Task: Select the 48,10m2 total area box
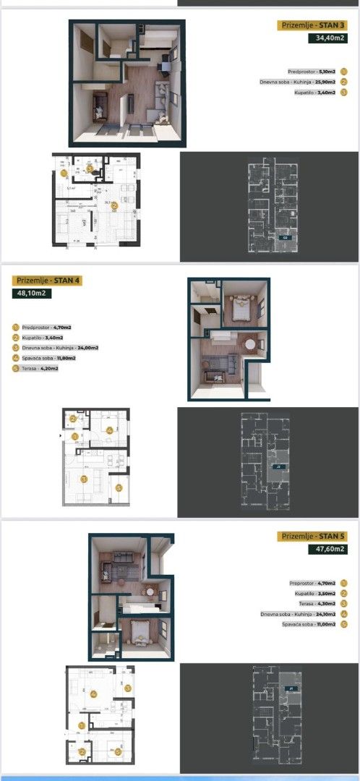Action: [35, 294]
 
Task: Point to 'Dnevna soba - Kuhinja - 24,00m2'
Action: [60, 347]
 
